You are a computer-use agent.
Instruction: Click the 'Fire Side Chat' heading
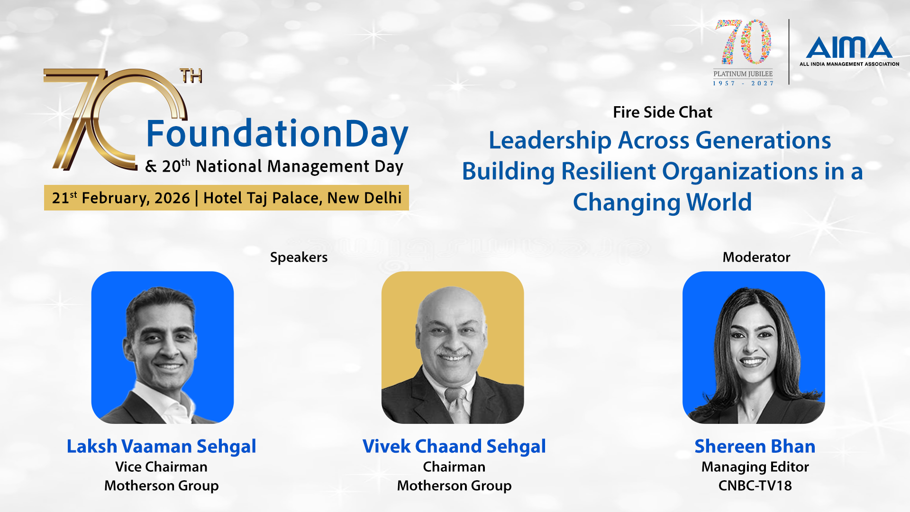click(663, 112)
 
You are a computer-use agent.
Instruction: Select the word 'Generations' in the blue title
click(763, 141)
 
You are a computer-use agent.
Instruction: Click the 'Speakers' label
click(299, 257)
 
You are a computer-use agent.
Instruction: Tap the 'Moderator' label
click(756, 257)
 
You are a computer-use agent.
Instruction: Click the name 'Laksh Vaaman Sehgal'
click(161, 447)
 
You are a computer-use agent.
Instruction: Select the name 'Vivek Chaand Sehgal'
click(454, 447)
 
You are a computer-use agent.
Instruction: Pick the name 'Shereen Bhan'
click(755, 447)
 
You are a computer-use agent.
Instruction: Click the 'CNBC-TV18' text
click(755, 485)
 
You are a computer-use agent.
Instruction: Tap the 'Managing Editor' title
click(755, 467)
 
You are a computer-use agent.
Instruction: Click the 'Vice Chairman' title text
click(161, 467)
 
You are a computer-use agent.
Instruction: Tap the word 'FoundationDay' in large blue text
click(277, 135)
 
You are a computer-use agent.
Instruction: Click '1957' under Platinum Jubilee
click(724, 83)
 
